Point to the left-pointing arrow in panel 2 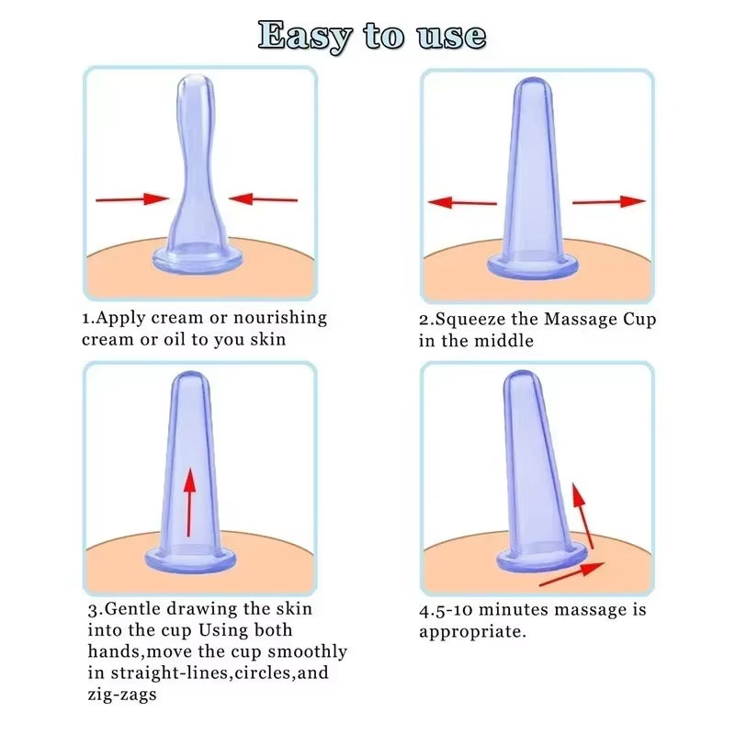pos(463,202)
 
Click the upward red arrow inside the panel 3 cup pos(190,502)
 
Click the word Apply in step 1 pos(120,318)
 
